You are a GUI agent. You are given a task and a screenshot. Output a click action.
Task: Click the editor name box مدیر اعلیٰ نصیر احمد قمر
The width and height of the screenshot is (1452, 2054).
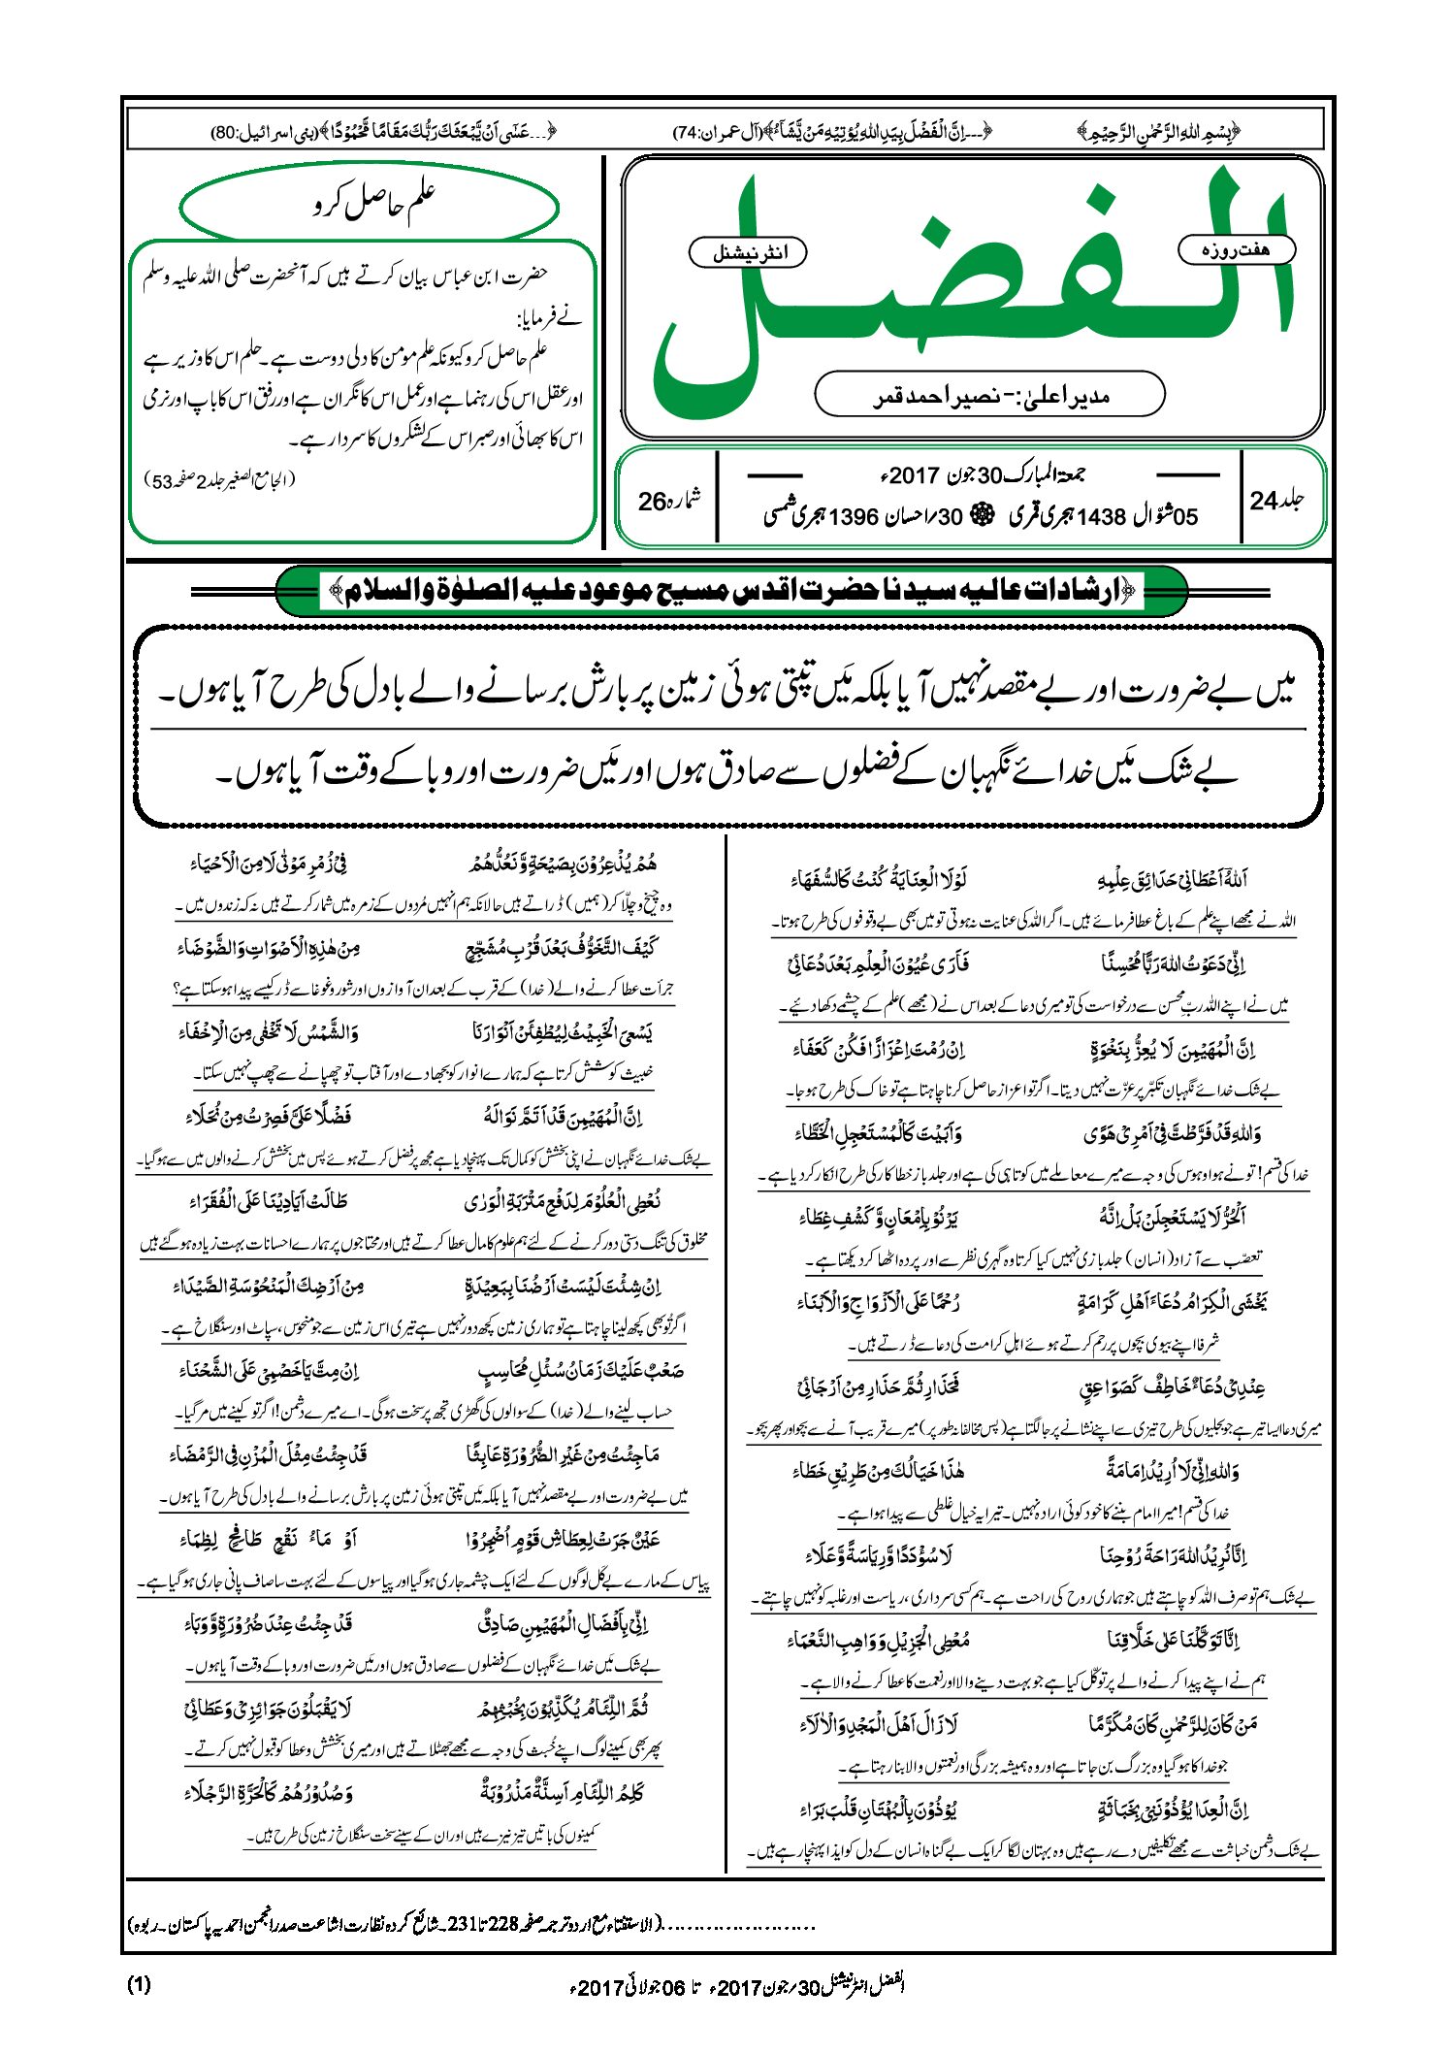pos(989,396)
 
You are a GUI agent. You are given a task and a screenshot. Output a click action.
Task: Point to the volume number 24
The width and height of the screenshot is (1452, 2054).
pos(1264,501)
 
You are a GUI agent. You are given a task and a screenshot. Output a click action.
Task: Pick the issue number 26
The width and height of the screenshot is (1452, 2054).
pos(652,502)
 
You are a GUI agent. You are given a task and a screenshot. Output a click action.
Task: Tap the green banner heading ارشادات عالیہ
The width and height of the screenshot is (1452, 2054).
pos(731,591)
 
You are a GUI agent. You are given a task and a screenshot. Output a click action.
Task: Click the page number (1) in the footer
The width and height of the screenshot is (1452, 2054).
pos(139,1984)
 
